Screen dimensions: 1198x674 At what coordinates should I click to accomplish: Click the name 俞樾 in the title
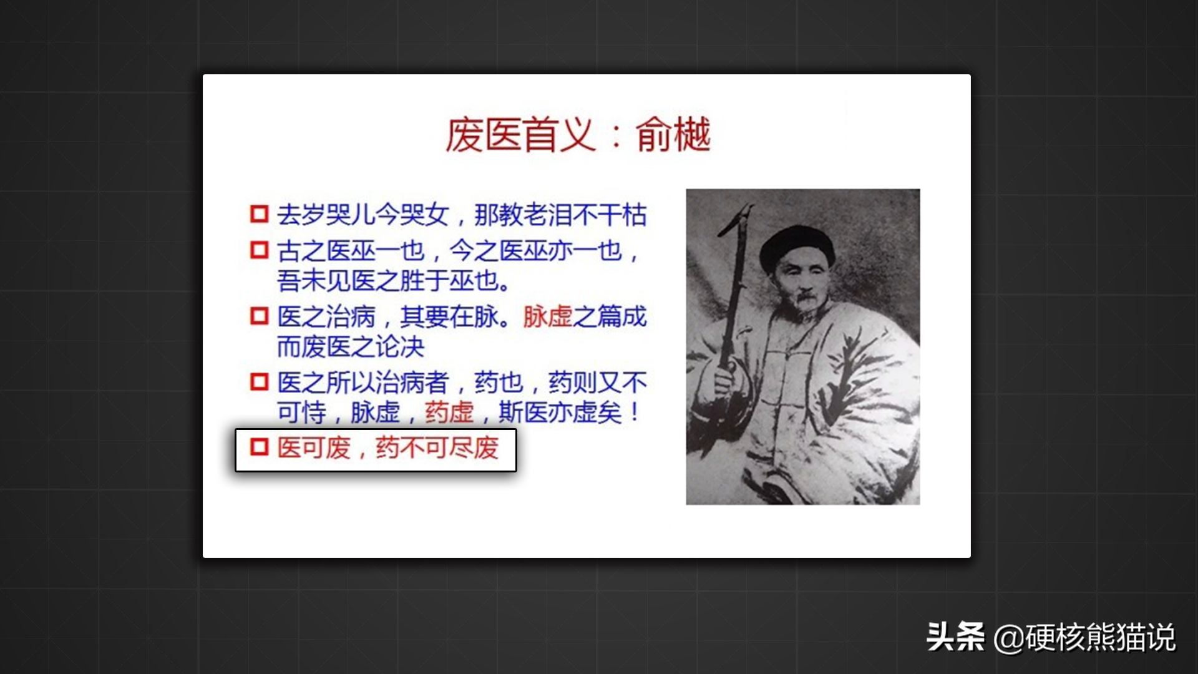(673, 135)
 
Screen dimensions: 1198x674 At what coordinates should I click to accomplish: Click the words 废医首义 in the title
(520, 135)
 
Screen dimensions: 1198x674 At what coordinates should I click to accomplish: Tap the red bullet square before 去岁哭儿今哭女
(259, 214)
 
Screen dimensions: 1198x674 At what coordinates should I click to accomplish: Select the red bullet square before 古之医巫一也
(259, 250)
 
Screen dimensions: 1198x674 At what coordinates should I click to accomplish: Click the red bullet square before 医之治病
(259, 316)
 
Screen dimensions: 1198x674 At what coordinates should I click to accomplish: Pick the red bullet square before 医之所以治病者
(259, 381)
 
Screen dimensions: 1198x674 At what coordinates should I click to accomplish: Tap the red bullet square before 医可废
(259, 447)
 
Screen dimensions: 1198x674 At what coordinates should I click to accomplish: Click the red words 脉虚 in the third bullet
(547, 316)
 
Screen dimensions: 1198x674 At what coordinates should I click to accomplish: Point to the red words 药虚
(449, 412)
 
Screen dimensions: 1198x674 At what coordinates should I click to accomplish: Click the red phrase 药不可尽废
(437, 447)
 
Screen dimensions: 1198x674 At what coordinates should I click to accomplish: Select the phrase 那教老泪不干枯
(560, 215)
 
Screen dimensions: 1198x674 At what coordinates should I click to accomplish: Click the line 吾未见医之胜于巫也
(394, 281)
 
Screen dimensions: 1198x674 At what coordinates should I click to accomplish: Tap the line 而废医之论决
(351, 346)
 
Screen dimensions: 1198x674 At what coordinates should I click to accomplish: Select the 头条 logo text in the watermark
(955, 637)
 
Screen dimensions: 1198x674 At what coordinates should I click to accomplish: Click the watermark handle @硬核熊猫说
(1084, 637)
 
